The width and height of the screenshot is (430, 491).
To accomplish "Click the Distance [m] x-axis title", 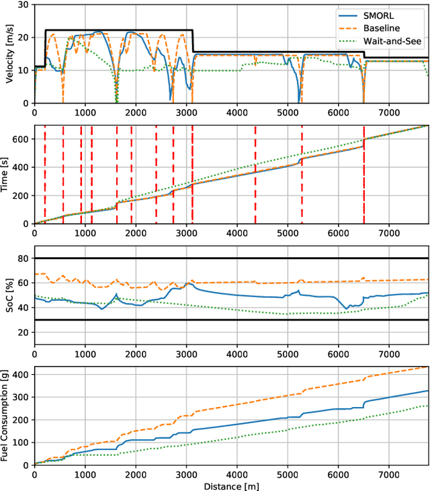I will tap(232, 486).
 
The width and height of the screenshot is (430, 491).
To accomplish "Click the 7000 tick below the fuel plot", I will tap(388, 474).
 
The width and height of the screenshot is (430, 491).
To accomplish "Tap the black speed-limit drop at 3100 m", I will tap(193, 41).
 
